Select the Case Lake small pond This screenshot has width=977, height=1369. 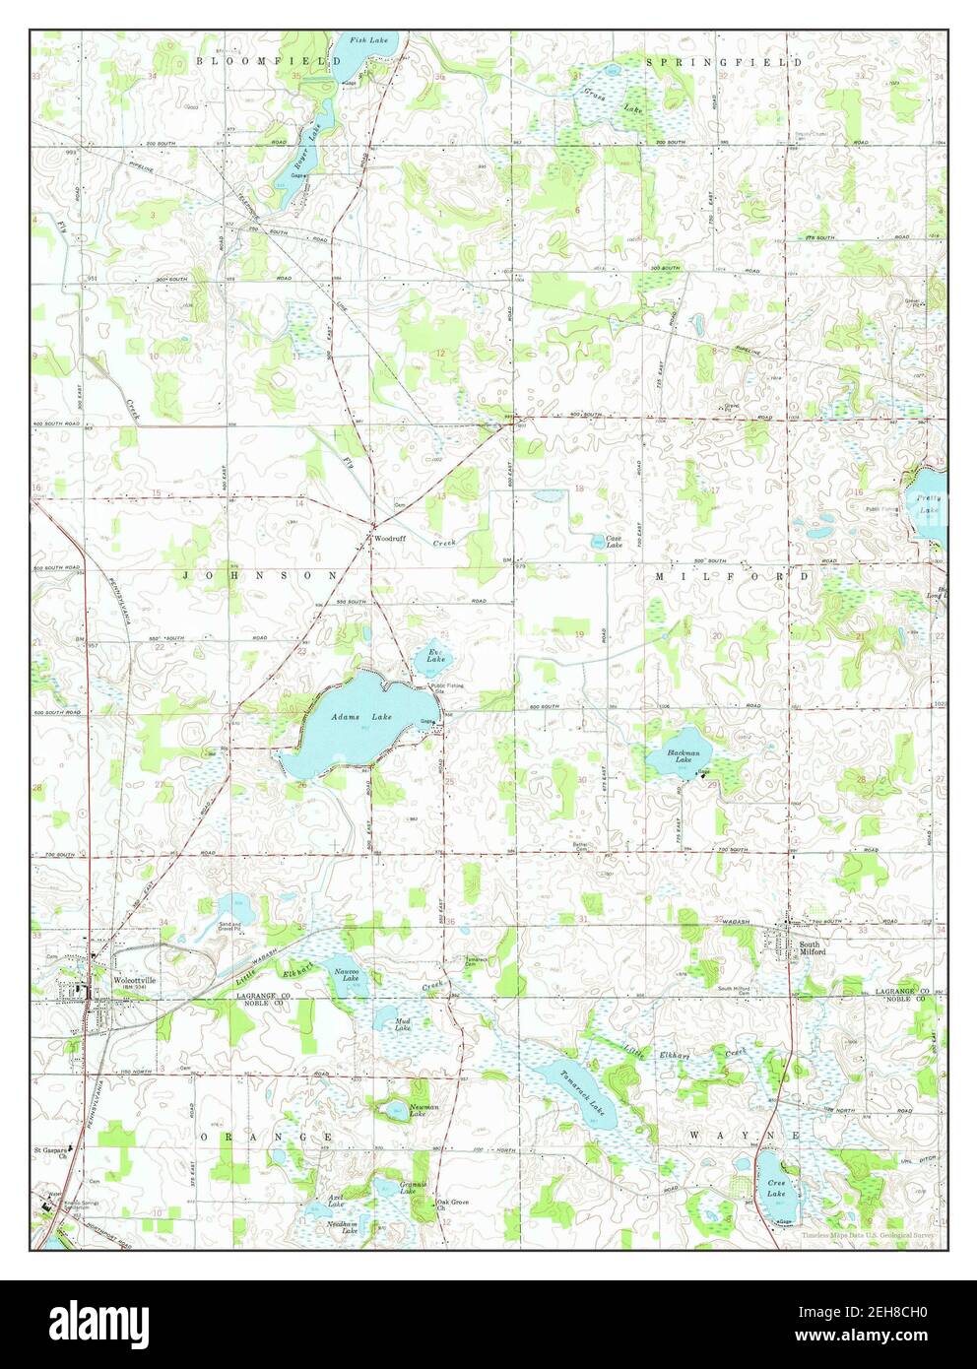tap(599, 540)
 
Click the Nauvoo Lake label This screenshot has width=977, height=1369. tap(345, 975)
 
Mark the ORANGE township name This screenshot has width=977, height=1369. tap(265, 1136)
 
